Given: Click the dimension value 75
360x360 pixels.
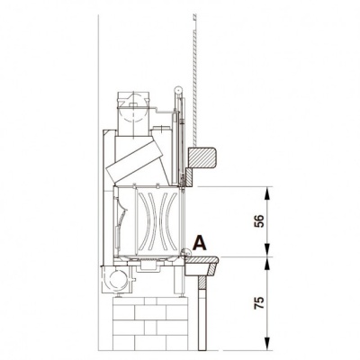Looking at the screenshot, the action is coord(259,303).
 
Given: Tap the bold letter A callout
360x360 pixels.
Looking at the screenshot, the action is coord(200,243).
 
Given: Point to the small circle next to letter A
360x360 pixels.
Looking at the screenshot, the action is coord(186,253).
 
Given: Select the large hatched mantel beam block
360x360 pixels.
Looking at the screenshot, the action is coord(202,157).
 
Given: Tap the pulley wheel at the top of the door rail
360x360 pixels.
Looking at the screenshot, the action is coord(178,90).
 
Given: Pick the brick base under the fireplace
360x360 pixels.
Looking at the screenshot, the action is coord(150,324).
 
